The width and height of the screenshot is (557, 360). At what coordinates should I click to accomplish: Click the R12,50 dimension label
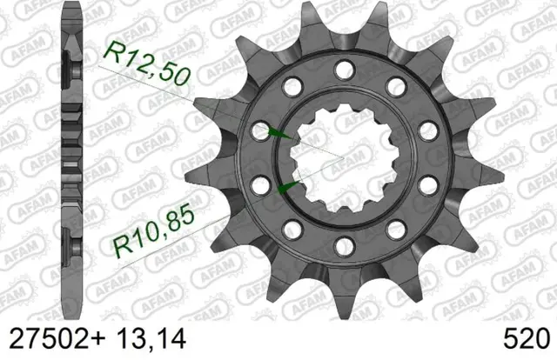(x=147, y=63)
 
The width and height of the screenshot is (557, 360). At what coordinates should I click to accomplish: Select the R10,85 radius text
(x=154, y=231)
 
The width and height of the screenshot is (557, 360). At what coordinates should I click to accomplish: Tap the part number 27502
(x=50, y=339)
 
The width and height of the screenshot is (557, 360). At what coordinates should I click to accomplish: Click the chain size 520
(x=527, y=339)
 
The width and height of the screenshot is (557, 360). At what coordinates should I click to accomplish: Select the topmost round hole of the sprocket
(x=345, y=70)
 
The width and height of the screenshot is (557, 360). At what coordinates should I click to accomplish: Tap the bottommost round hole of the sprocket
(x=345, y=247)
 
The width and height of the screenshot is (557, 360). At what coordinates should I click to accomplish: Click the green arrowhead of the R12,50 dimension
(x=279, y=134)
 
